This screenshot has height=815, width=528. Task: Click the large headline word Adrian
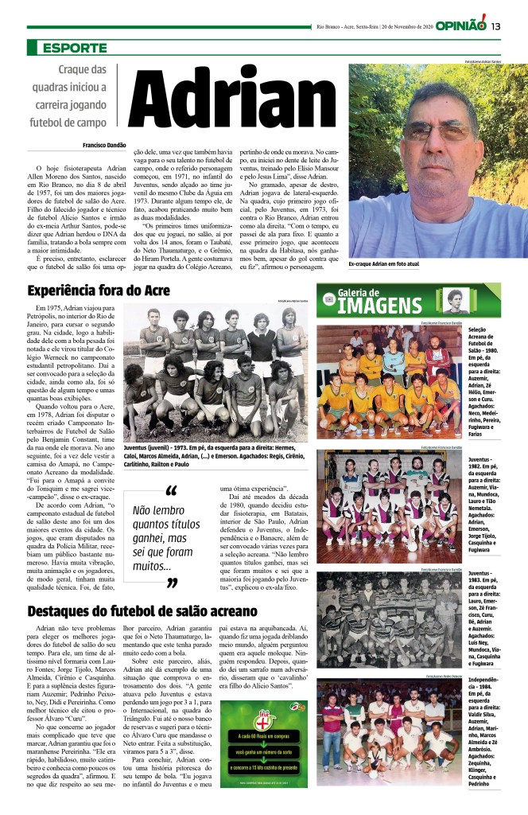tap(237, 103)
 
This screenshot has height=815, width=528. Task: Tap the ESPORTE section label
tap(76, 48)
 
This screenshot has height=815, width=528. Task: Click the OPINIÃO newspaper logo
tap(460, 26)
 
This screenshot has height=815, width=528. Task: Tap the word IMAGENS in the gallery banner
tap(384, 305)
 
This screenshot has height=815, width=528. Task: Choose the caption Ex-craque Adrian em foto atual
tap(384, 263)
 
